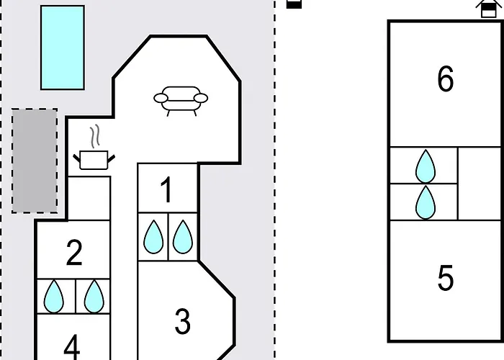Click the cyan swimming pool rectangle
pyautogui.click(x=63, y=48)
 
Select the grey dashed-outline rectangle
pyautogui.click(x=35, y=161)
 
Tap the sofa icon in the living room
pyautogui.click(x=181, y=101)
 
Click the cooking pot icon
pyautogui.click(x=94, y=160)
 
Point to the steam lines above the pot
pyautogui.click(x=94, y=136)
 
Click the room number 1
pyautogui.click(x=166, y=190)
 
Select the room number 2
pyautogui.click(x=74, y=253)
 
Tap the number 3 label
pyautogui.click(x=183, y=321)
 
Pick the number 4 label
pyautogui.click(x=72, y=347)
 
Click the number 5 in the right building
pyautogui.click(x=446, y=278)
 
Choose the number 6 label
pyautogui.click(x=446, y=78)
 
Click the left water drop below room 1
pyautogui.click(x=153, y=237)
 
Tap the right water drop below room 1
pyautogui.click(x=183, y=237)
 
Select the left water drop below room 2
pyautogui.click(x=54, y=297)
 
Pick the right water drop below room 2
pyautogui.click(x=94, y=297)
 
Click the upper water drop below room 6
pyautogui.click(x=426, y=166)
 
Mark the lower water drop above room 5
pyautogui.click(x=426, y=202)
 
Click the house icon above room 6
pyautogui.click(x=488, y=8)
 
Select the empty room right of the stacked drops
pyautogui.click(x=480, y=184)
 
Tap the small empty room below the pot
pyautogui.click(x=89, y=198)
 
